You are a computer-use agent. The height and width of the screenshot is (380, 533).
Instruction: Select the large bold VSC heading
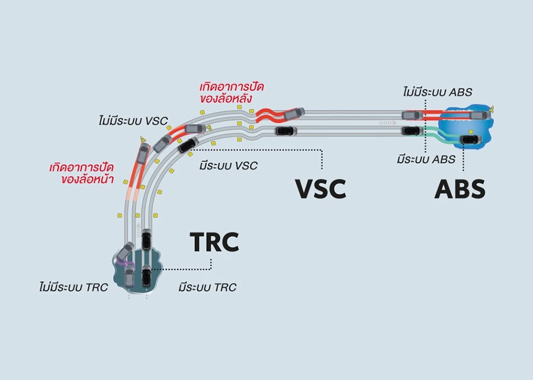[x=320, y=189]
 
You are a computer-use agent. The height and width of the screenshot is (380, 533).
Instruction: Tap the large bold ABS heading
[x=460, y=189]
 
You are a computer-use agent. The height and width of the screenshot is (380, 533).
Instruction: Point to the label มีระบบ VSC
[x=229, y=165]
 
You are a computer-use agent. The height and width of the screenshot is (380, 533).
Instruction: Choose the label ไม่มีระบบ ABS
[x=437, y=92]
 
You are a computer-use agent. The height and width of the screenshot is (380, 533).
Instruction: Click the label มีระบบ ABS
[x=426, y=159]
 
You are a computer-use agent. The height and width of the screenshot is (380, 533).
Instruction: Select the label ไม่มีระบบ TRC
[x=70, y=288]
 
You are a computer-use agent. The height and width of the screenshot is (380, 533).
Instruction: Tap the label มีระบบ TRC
[x=207, y=288]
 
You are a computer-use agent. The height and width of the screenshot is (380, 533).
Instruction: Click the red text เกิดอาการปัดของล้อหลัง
[x=232, y=93]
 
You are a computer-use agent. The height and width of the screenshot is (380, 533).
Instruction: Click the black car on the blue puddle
[x=470, y=139]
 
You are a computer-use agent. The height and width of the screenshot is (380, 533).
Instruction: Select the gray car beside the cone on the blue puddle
[x=478, y=115]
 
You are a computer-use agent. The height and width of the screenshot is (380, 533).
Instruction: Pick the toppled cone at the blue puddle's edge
[x=492, y=108]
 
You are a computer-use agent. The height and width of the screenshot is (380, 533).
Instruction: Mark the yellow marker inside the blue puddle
[x=470, y=132]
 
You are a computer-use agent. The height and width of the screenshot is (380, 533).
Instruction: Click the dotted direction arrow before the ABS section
[x=388, y=122]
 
